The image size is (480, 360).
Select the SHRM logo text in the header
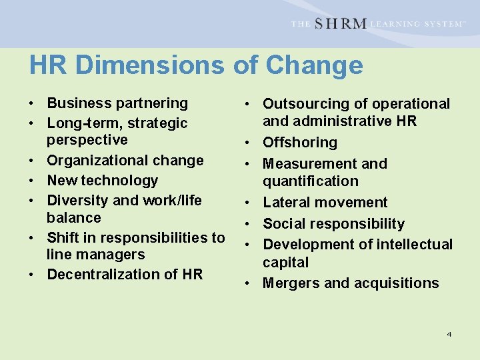pos(340,24)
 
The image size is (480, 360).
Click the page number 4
pos(449,333)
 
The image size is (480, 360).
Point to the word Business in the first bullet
pos(79,103)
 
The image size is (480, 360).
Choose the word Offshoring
pos(300,143)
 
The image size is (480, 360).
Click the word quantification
pos(311,181)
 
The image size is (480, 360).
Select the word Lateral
pos(285,203)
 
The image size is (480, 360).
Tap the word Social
pos(283,224)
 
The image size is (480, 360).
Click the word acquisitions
pos(400,283)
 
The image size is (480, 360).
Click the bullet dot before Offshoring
pos(247,143)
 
